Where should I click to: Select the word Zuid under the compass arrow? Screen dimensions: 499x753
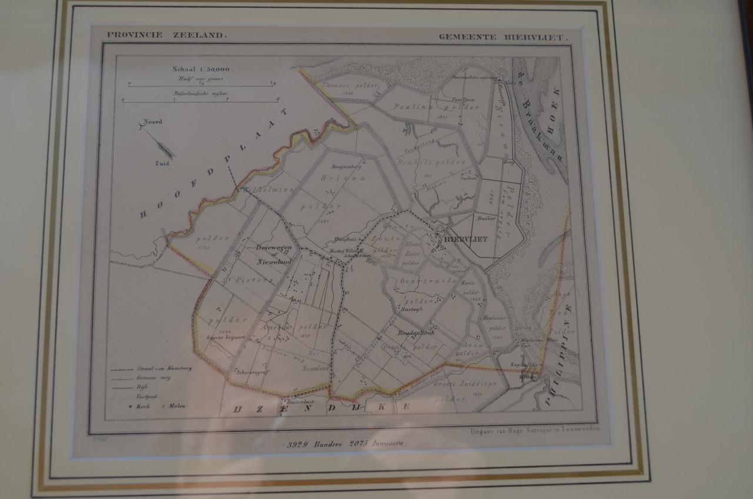(162, 163)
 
